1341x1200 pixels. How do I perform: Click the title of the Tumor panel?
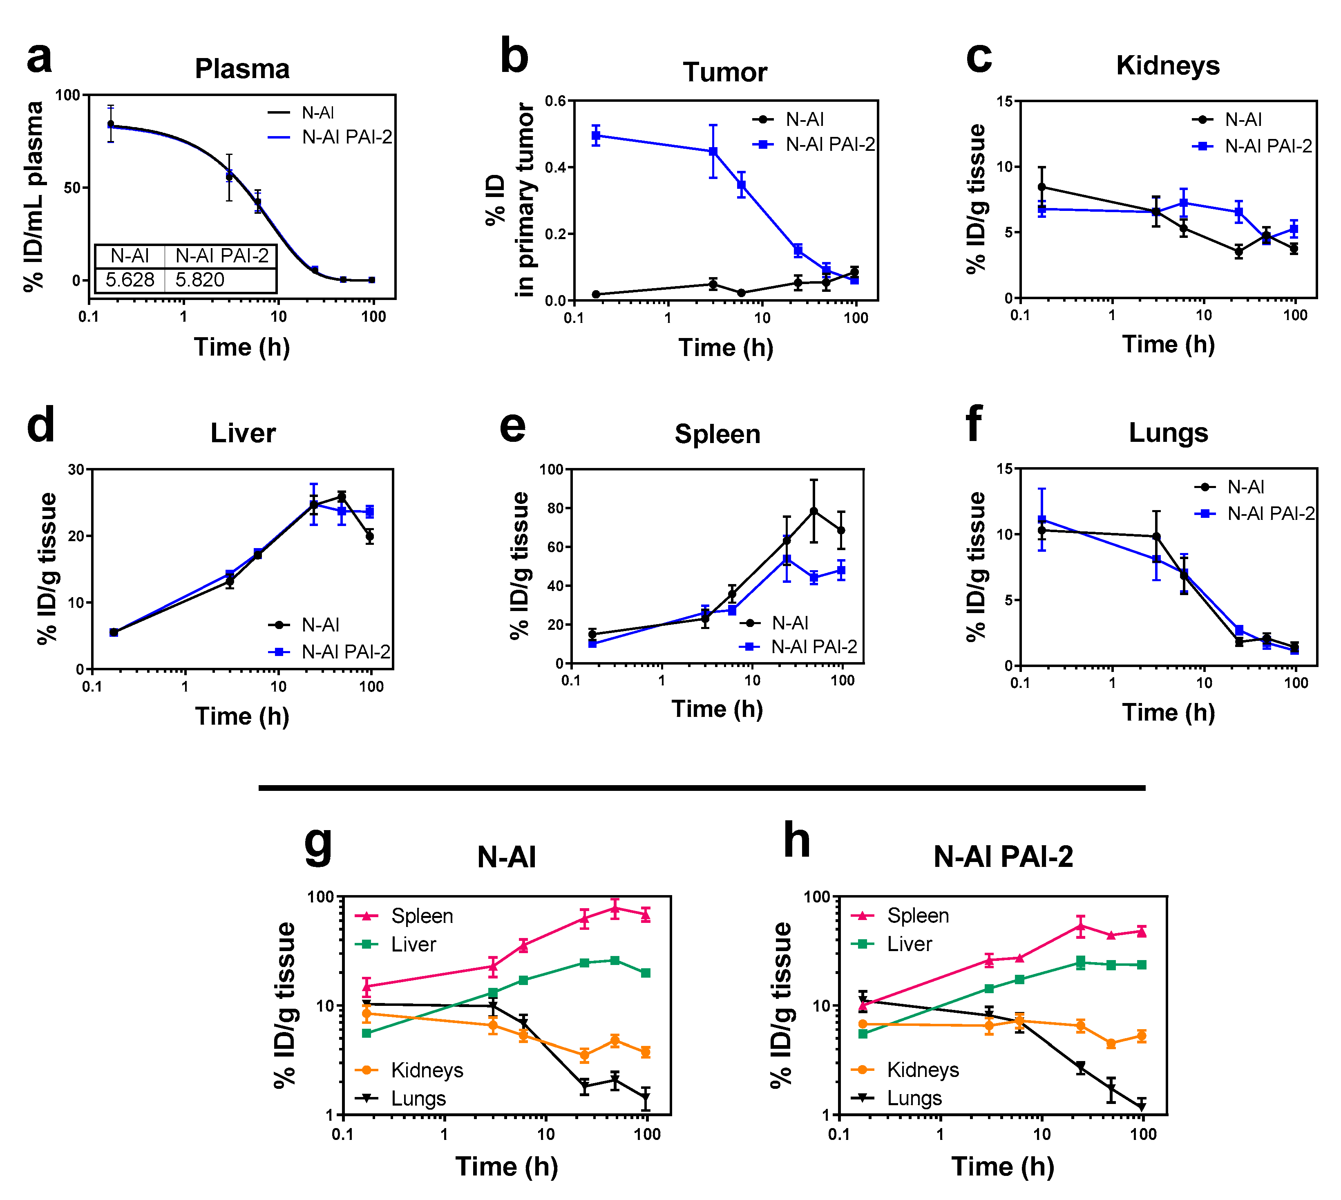coord(725,72)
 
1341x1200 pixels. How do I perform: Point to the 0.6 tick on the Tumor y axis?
coord(556,101)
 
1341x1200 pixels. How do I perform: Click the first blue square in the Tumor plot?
coord(596,136)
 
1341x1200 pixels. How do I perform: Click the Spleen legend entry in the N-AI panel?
coord(422,916)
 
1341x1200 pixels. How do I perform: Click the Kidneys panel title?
coord(1168,66)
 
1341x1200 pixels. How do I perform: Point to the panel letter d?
coord(41,426)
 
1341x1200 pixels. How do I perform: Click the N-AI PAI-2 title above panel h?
coord(1003,857)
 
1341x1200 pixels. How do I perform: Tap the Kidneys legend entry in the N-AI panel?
coord(426,1070)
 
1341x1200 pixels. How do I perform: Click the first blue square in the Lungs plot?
coord(1042,520)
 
